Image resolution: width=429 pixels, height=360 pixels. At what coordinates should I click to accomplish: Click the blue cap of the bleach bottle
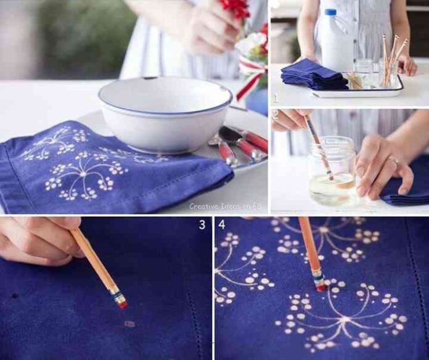tap(330, 12)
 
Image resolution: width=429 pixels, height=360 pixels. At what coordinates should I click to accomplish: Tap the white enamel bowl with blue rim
tap(165, 113)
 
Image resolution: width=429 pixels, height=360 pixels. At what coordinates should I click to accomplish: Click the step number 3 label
tap(202, 224)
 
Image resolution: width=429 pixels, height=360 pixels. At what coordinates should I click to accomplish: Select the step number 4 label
tap(222, 224)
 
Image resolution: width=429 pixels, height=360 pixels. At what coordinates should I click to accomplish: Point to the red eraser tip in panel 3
tap(123, 304)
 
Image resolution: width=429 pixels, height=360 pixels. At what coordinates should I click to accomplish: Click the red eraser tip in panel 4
tap(321, 288)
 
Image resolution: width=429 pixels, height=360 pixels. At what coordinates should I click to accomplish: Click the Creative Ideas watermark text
tap(225, 206)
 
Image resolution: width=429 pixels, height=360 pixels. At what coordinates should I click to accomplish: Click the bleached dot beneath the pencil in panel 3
tap(129, 324)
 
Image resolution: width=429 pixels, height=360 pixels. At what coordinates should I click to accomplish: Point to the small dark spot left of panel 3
tap(15, 296)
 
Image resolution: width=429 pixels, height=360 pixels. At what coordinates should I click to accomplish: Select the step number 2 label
tap(276, 115)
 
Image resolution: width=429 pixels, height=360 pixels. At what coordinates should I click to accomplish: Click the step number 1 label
tap(275, 98)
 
